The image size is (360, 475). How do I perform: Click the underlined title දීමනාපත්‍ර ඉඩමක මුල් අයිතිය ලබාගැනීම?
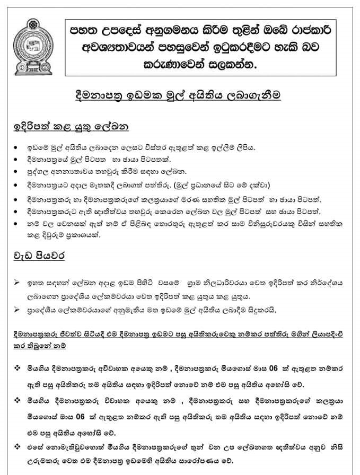[177, 96]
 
